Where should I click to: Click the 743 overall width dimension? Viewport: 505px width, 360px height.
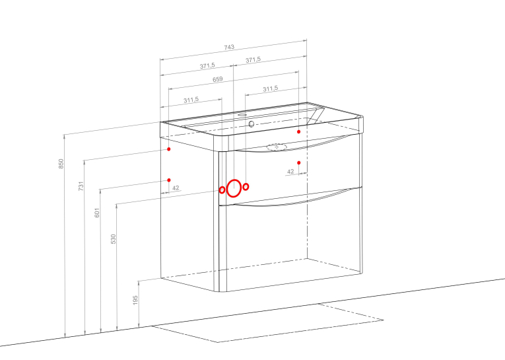pyautogui.click(x=229, y=47)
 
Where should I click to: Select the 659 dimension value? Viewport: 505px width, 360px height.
pyautogui.click(x=218, y=79)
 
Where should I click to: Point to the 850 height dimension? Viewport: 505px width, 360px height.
pyautogui.click(x=61, y=163)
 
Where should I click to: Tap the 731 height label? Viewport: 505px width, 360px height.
pyautogui.click(x=81, y=186)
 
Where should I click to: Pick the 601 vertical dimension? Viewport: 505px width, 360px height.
pyautogui.click(x=97, y=213)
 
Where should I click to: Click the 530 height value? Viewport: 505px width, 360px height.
pyautogui.click(x=113, y=239)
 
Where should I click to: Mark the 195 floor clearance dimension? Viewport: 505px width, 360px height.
pyautogui.click(x=135, y=300)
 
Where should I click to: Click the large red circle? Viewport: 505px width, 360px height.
pyautogui.click(x=234, y=188)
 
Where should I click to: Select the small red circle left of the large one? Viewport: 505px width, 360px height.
pyautogui.click(x=222, y=190)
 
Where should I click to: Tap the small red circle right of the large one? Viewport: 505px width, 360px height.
pyautogui.click(x=246, y=187)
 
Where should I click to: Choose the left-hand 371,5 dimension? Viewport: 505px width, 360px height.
pyautogui.click(x=207, y=66)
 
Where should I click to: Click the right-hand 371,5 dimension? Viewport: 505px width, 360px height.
pyautogui.click(x=253, y=60)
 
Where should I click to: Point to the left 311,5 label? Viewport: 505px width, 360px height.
pyautogui.click(x=191, y=100)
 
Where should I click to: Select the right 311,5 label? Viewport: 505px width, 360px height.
pyautogui.click(x=270, y=89)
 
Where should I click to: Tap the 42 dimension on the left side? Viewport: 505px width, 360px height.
pyautogui.click(x=176, y=188)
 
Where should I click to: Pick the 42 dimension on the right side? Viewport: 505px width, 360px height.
pyautogui.click(x=290, y=172)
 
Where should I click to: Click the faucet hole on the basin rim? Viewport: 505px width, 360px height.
pyautogui.click(x=243, y=114)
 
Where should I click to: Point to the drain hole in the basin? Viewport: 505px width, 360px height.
pyautogui.click(x=252, y=124)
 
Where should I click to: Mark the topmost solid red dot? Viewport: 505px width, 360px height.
pyautogui.click(x=299, y=131)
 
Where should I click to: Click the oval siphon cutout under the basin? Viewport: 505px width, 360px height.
pyautogui.click(x=277, y=147)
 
